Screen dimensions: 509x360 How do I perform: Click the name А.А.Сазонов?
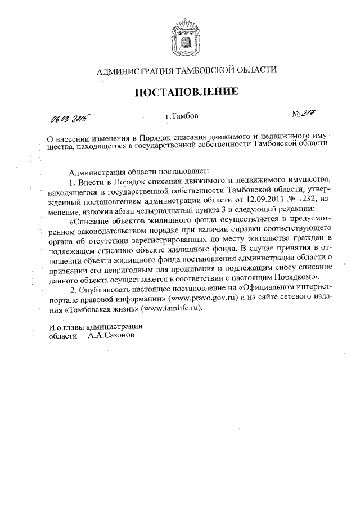pyautogui.click(x=111, y=336)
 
